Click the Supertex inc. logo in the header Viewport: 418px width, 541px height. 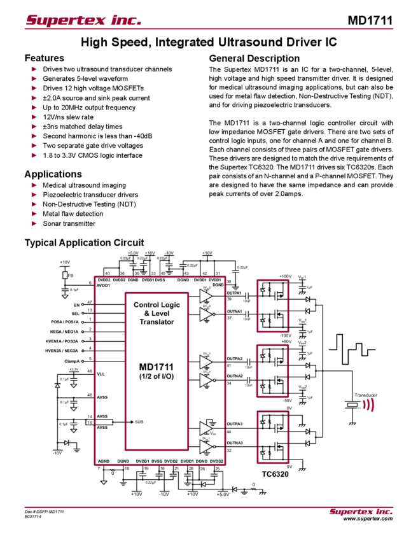pyautogui.click(x=83, y=21)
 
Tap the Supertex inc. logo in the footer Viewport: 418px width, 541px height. pyautogui.click(x=361, y=511)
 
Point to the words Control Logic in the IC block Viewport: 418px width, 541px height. pyautogui.click(x=157, y=305)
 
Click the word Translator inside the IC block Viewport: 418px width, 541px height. pyautogui.click(x=157, y=322)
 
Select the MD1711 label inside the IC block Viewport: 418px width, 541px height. pyautogui.click(x=157, y=367)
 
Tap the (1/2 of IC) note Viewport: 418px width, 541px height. pyautogui.click(x=157, y=376)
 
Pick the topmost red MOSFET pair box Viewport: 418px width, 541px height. pyautogui.click(x=272, y=306)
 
